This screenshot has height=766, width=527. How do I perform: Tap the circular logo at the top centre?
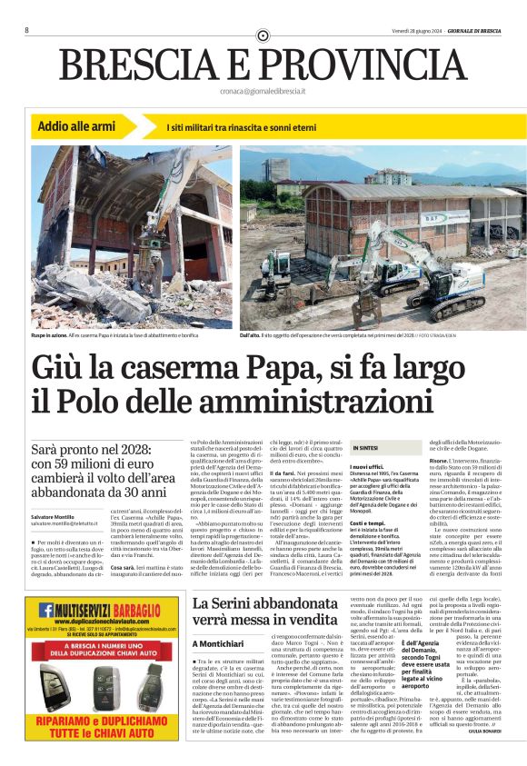263,35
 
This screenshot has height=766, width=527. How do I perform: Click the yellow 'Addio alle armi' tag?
77,125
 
